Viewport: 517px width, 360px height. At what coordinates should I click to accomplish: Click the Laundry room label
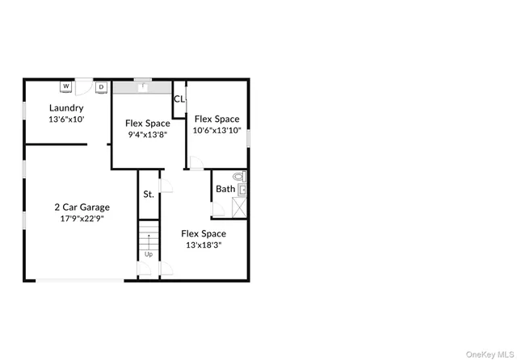pyautogui.click(x=66, y=107)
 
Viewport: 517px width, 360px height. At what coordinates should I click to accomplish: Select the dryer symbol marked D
pyautogui.click(x=102, y=86)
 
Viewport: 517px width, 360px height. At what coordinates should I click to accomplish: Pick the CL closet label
pyautogui.click(x=179, y=99)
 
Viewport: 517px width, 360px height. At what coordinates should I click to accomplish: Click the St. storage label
pyautogui.click(x=149, y=195)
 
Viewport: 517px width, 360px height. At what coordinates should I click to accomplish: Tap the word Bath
pyautogui.click(x=225, y=190)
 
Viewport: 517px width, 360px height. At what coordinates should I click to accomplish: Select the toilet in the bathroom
pyautogui.click(x=239, y=177)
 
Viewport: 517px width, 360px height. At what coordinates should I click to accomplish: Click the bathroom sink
pyautogui.click(x=242, y=190)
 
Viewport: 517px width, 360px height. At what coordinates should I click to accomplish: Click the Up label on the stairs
pyautogui.click(x=149, y=255)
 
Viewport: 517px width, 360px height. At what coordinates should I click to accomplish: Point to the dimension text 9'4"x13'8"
pyautogui.click(x=147, y=135)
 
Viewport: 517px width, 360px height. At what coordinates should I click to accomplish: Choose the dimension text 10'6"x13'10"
pyautogui.click(x=217, y=130)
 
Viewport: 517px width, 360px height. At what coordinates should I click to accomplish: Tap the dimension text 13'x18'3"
pyautogui.click(x=204, y=245)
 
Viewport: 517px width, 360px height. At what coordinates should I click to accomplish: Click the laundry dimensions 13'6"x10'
pyautogui.click(x=66, y=119)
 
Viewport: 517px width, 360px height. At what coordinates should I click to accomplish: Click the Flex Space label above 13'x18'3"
pyautogui.click(x=204, y=233)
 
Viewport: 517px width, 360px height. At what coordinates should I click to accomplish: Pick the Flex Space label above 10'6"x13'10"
pyautogui.click(x=217, y=118)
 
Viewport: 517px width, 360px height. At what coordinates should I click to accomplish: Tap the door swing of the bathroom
pyautogui.click(x=218, y=209)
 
